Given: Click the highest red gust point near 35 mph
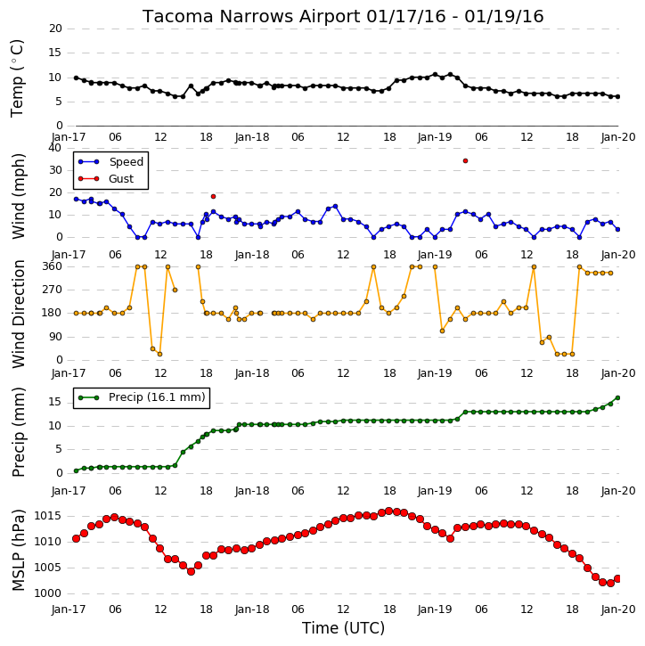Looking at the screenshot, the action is coord(465,160).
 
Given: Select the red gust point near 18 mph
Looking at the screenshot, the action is coord(213,197).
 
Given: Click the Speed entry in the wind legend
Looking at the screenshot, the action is coord(110,162).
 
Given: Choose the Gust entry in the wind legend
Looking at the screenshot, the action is coord(106,179).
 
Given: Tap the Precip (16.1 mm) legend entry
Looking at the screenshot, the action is coord(142,397).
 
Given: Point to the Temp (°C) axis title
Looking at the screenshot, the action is coord(17,78).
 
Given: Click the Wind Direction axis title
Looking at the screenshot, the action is coord(19,314).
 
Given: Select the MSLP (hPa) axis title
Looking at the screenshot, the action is coord(19,550).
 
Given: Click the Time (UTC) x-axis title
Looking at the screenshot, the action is coord(343,628).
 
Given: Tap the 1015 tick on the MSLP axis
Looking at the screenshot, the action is coord(47,516).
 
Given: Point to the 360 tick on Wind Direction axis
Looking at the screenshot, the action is coord(53,266).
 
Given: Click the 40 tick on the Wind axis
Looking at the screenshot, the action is coord(55,148).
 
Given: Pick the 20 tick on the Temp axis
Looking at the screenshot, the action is coord(55,29).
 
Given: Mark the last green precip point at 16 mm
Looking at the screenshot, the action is coord(617,398).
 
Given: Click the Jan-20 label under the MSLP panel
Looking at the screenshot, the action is coord(617,609).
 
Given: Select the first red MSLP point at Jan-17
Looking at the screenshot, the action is coord(77,538).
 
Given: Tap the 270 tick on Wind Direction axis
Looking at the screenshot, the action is coord(53,290).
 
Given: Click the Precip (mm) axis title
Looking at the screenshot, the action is coord(19,432).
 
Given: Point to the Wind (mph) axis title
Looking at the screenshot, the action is coord(19,197).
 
